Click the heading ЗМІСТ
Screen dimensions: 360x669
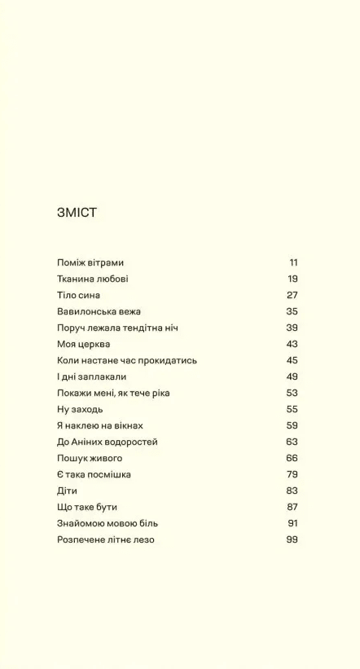77,213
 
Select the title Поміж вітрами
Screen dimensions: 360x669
90,262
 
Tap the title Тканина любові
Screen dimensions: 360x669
93,279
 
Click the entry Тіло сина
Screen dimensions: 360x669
79,295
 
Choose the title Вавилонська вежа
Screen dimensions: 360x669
99,311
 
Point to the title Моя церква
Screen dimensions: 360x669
84,344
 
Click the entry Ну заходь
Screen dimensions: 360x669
80,409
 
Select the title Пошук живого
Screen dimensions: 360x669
90,458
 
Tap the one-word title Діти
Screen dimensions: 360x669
68,491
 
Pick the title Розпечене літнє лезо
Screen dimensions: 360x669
106,539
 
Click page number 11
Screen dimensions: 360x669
293,262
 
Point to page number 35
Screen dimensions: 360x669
292,311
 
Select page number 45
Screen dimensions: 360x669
292,360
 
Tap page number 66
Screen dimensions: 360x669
292,458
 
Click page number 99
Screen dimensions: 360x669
292,539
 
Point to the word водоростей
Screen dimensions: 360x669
130,442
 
